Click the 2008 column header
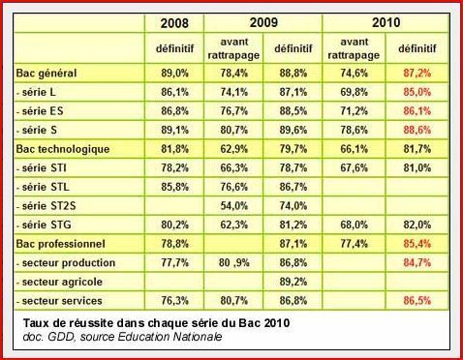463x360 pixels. point(175,22)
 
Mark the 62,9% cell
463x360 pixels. point(233,150)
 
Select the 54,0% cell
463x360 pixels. point(233,206)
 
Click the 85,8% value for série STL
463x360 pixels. point(175,188)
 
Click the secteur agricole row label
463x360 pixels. point(64,282)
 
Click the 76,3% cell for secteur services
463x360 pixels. point(175,301)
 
